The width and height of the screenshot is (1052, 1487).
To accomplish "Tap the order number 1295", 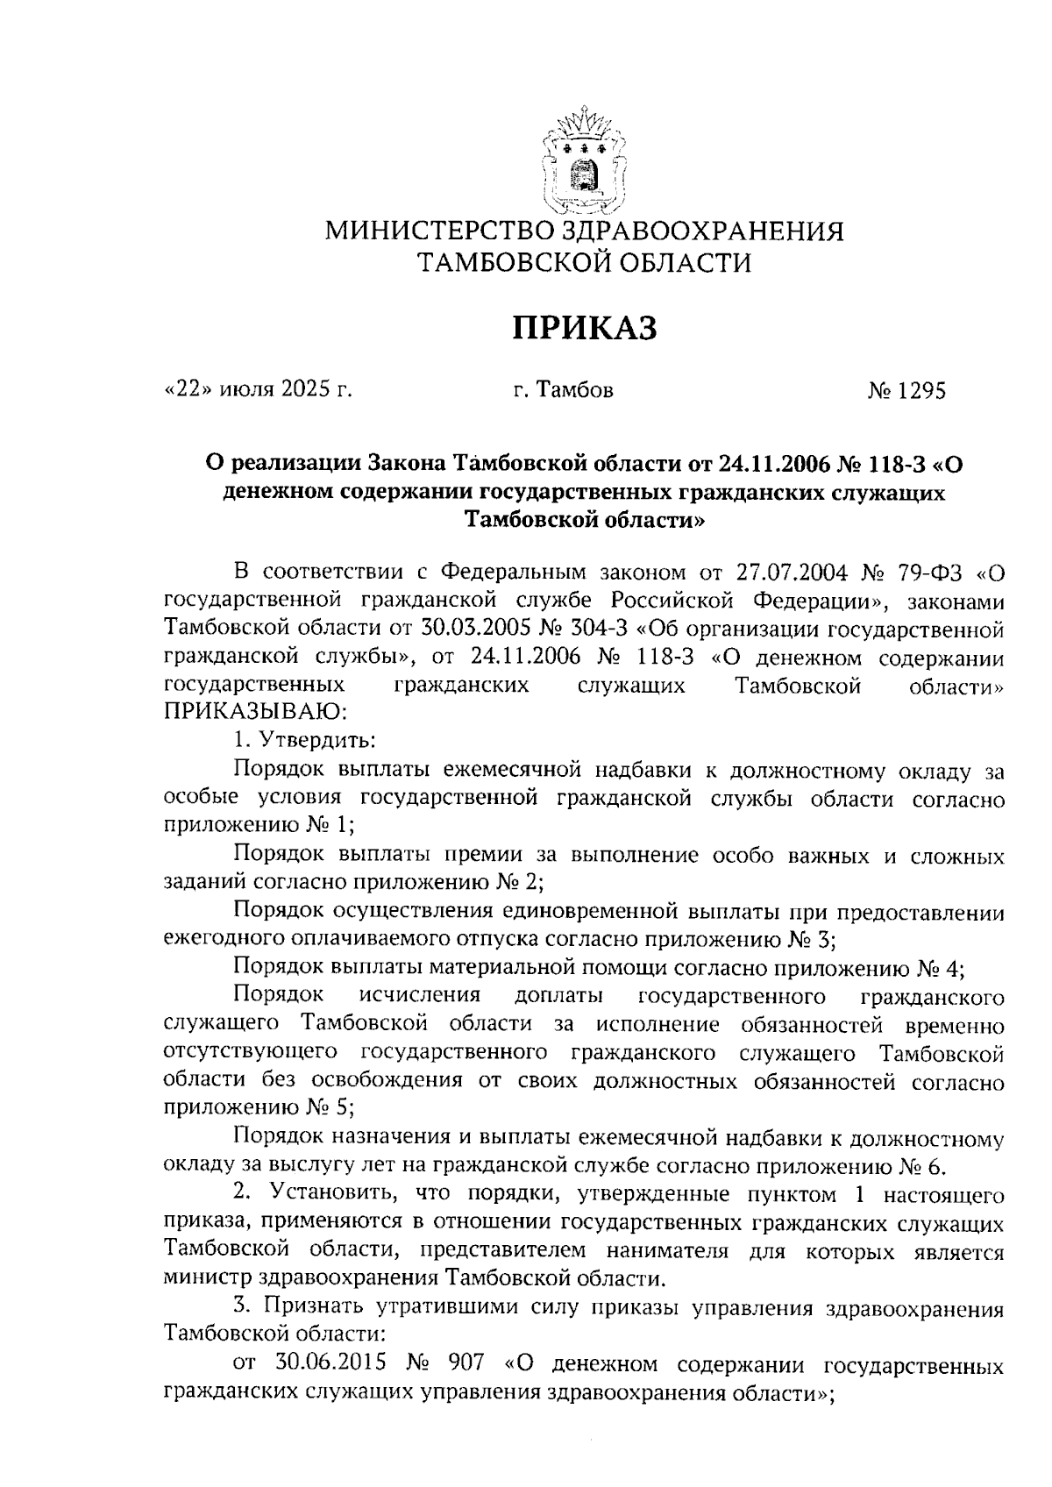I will [920, 392].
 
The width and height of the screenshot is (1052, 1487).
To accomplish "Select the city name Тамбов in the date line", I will [576, 390].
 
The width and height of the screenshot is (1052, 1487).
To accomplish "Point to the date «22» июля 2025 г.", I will [258, 389].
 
